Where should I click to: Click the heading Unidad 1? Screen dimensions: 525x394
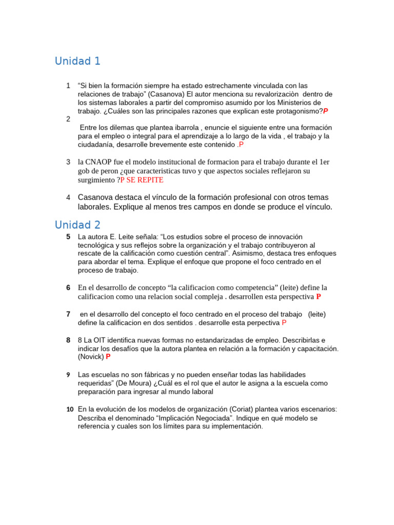(x=77, y=62)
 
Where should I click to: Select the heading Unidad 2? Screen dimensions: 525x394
(x=77, y=225)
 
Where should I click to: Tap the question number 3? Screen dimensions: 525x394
(x=68, y=162)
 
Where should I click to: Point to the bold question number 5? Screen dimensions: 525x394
(x=68, y=236)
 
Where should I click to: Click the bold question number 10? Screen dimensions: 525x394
(x=70, y=409)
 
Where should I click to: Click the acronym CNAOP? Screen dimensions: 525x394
(x=98, y=162)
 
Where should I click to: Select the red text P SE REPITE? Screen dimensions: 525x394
(x=142, y=180)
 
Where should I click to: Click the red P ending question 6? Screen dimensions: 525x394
(x=319, y=297)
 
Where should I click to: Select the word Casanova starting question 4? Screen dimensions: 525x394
(x=96, y=197)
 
